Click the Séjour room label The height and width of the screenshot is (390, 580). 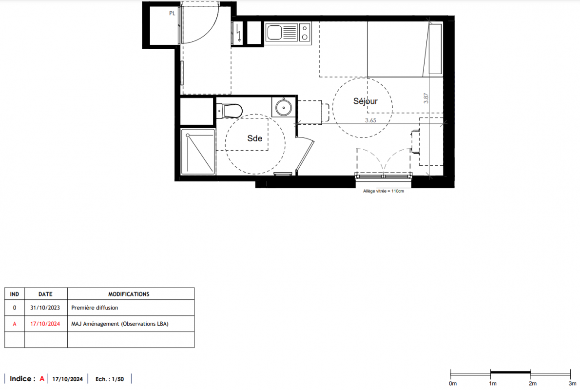(366, 101)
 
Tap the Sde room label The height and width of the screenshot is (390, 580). (255, 138)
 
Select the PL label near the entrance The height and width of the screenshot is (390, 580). (172, 13)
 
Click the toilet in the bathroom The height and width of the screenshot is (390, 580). (230, 111)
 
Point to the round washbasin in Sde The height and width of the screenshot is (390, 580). (284, 107)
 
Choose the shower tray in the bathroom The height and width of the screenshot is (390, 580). (198, 152)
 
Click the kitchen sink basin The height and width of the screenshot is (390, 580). (274, 33)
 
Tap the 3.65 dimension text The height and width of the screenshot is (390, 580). (370, 120)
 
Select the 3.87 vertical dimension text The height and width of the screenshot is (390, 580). (426, 98)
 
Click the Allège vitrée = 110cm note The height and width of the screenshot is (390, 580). (384, 191)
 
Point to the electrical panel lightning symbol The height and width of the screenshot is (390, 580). (239, 33)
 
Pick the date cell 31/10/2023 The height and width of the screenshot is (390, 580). (45, 308)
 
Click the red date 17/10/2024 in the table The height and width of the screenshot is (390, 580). (45, 324)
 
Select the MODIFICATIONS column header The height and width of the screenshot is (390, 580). (129, 294)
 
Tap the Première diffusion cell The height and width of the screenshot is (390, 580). (95, 308)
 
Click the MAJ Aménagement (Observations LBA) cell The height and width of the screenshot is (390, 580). (120, 324)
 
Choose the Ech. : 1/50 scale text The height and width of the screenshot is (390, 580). (110, 379)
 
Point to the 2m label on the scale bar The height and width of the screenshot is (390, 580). (533, 384)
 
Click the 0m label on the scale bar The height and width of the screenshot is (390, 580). (453, 384)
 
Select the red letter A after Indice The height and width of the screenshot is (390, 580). (42, 379)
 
